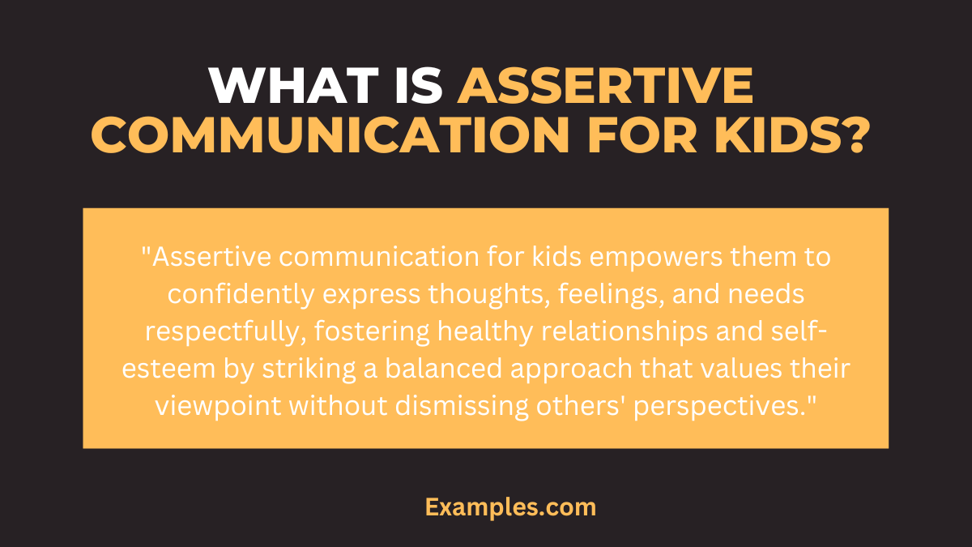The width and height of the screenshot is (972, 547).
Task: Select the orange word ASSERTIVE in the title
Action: pos(605,87)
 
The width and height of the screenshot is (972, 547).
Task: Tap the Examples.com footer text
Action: pos(510,508)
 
